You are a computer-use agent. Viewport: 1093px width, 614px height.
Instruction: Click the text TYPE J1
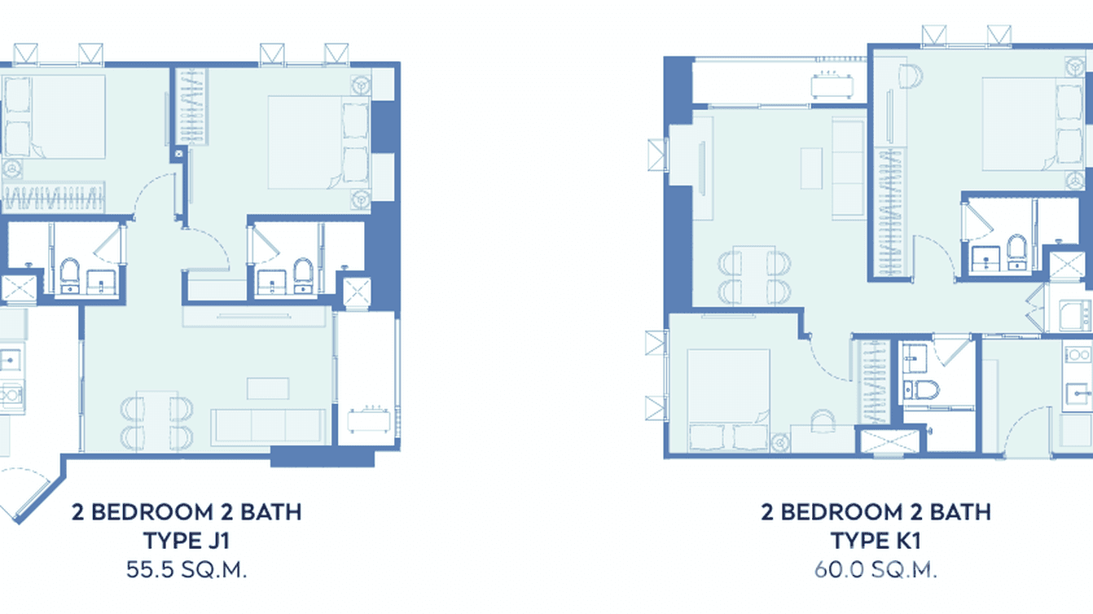click(x=187, y=541)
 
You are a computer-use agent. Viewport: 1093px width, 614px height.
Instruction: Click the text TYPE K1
click(x=876, y=541)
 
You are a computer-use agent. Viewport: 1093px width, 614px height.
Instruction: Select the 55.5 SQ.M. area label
click(x=187, y=569)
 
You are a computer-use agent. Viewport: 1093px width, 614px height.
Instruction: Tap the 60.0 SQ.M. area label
click(x=876, y=569)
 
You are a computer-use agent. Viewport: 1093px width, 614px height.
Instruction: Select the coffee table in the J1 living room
click(x=268, y=388)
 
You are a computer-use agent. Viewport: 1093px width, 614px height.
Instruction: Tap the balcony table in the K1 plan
click(x=832, y=86)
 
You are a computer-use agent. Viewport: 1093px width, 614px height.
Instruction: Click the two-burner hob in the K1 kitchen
click(x=1078, y=355)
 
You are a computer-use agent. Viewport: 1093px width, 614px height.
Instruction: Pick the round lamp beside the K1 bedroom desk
click(x=779, y=442)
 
